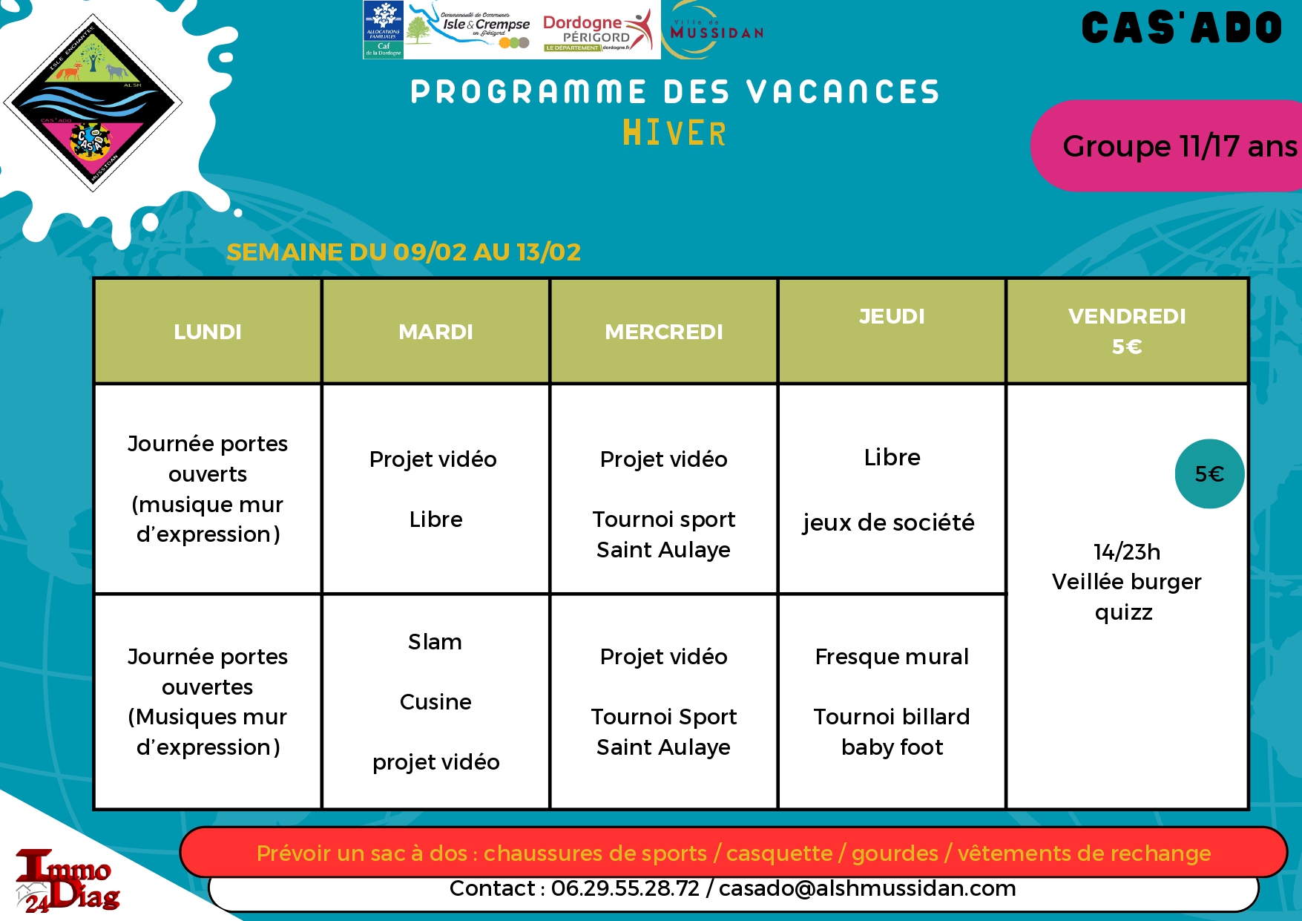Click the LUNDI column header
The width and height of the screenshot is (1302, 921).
(x=208, y=332)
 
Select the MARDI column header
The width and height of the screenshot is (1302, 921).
(x=435, y=332)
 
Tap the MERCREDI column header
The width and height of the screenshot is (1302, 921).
(x=663, y=332)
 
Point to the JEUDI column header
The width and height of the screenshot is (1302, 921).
(x=892, y=317)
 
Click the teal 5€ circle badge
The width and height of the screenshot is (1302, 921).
(x=1209, y=473)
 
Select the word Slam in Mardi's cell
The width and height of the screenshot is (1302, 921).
(x=435, y=642)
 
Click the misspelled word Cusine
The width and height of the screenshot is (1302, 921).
(x=435, y=702)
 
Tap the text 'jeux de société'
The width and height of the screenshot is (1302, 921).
(x=888, y=522)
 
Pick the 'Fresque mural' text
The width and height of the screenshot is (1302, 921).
(x=892, y=657)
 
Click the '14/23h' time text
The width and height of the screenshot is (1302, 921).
(x=1126, y=552)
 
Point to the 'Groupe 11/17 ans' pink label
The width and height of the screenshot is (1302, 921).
(x=1172, y=146)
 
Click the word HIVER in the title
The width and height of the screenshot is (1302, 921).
(x=674, y=134)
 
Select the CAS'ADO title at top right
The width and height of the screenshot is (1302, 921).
(x=1181, y=29)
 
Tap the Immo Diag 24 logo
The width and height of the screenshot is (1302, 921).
(x=67, y=880)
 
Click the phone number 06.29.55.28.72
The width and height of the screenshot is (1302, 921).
(x=625, y=888)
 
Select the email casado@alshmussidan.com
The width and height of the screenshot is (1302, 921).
(x=867, y=888)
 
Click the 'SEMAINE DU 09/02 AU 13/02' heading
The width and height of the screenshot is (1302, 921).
(x=404, y=252)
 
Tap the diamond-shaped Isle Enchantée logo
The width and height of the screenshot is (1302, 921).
(x=93, y=102)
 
